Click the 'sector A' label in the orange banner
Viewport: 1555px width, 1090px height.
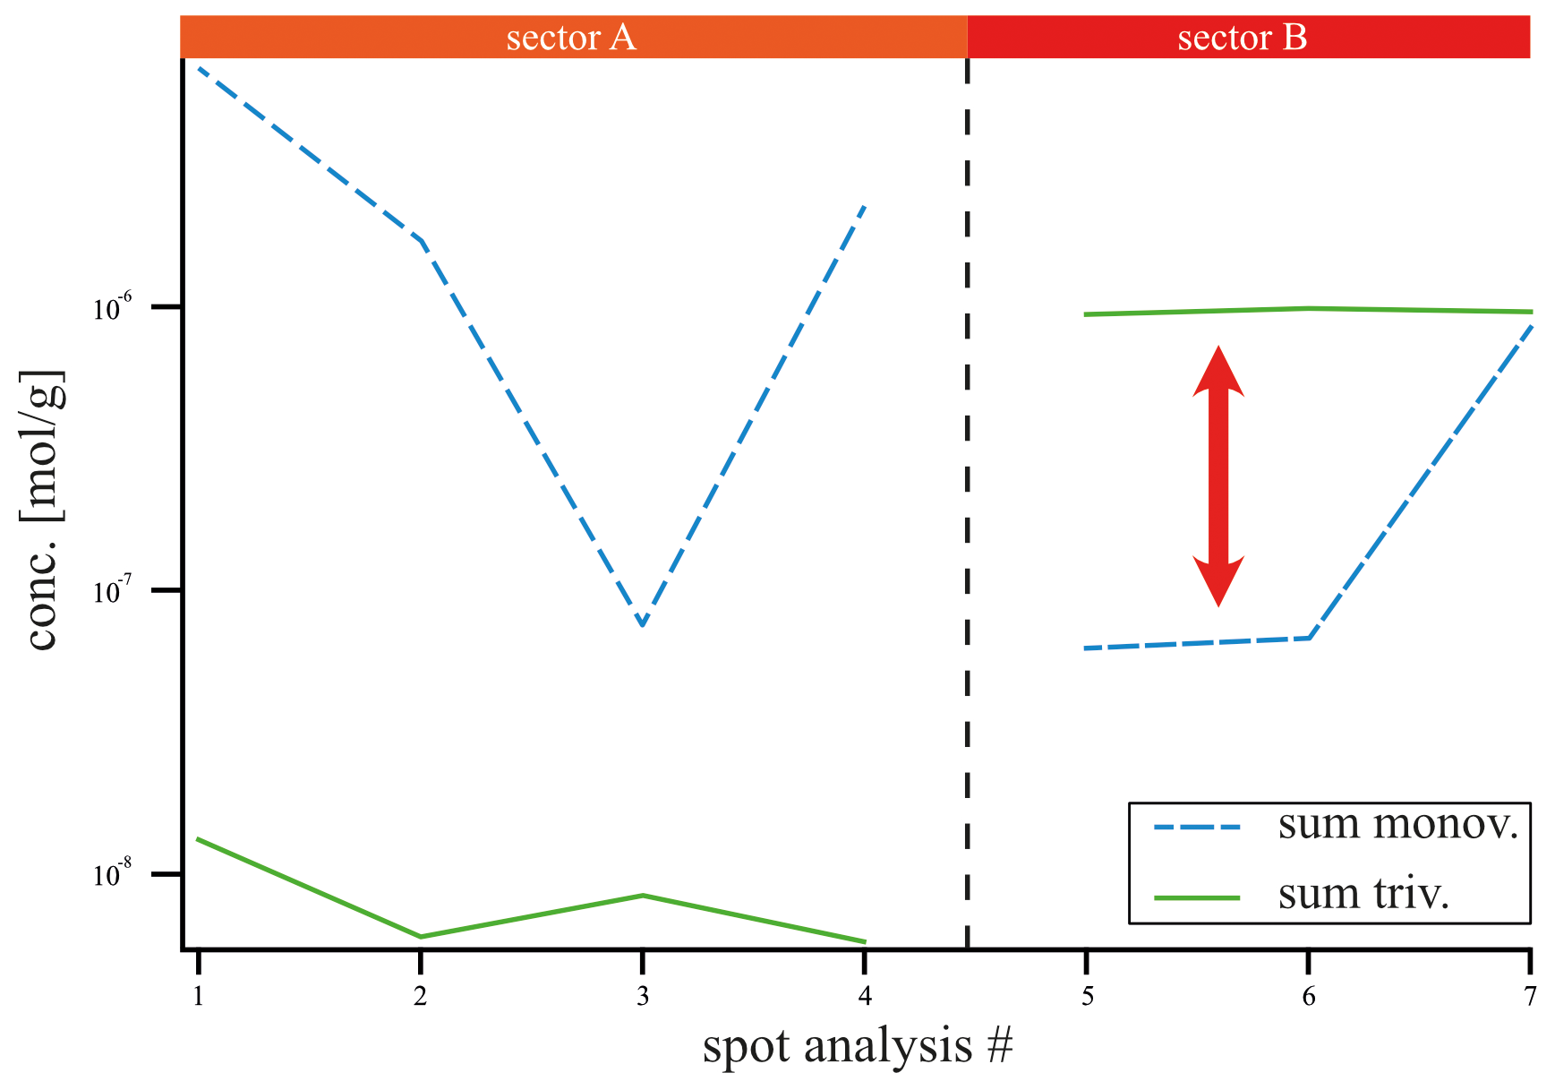click(x=571, y=38)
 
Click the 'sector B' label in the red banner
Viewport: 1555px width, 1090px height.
click(x=1242, y=38)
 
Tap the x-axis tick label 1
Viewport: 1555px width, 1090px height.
click(x=198, y=996)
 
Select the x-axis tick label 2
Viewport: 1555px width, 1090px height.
click(x=420, y=996)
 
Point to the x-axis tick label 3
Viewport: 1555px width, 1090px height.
click(x=643, y=996)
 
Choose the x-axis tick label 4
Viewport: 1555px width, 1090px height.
click(x=865, y=996)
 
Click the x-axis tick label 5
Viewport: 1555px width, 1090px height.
click(x=1087, y=996)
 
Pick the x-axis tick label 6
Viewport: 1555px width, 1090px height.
click(x=1309, y=996)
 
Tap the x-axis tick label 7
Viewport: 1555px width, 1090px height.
click(x=1531, y=996)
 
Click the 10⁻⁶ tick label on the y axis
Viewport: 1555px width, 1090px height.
click(x=113, y=308)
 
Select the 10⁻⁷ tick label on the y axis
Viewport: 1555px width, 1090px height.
click(x=113, y=591)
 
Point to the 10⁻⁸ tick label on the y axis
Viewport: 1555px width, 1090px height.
click(x=113, y=874)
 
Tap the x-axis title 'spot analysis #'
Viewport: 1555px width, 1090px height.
click(x=858, y=1046)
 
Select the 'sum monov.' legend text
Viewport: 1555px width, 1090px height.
click(x=1398, y=824)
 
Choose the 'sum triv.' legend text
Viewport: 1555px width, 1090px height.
click(x=1363, y=894)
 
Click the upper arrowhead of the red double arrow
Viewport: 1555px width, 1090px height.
click(x=1218, y=369)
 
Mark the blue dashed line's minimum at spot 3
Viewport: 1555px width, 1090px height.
click(x=643, y=624)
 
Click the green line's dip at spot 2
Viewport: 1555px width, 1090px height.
click(x=421, y=937)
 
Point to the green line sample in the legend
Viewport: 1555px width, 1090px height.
click(x=1197, y=897)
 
